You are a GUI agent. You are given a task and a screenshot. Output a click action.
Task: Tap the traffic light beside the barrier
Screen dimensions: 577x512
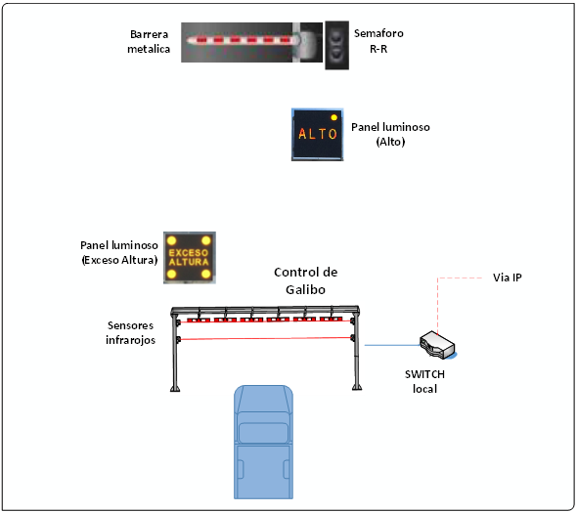[x=336, y=45]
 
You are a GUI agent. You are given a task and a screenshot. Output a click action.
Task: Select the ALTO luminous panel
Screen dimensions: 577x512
[x=317, y=135]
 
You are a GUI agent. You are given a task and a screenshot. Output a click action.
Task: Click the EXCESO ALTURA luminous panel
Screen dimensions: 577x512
[x=190, y=257]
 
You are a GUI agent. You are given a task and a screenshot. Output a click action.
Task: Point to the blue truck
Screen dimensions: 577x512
[x=263, y=442]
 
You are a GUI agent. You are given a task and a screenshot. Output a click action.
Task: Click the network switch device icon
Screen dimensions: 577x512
[x=438, y=345]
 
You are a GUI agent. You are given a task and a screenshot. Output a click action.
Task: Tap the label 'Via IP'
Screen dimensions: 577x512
[x=508, y=277]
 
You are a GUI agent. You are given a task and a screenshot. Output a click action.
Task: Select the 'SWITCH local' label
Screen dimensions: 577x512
[x=424, y=381]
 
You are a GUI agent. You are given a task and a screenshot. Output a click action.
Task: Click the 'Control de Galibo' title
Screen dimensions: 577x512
[x=305, y=280]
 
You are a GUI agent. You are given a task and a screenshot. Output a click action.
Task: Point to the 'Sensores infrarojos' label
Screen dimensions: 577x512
[x=130, y=332]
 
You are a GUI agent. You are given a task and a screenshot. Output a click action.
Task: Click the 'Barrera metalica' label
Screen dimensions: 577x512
[x=149, y=42]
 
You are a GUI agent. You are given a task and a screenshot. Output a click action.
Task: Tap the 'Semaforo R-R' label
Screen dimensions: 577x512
[x=378, y=41]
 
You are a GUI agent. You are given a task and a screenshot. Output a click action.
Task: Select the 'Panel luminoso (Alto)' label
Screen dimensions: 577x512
[x=390, y=134]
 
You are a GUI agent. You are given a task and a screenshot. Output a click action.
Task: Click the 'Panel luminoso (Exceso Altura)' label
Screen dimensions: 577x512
[x=119, y=252]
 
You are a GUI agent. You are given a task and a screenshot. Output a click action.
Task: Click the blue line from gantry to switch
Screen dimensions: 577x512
[x=392, y=345]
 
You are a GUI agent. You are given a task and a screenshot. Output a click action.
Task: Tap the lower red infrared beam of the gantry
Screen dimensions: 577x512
[x=265, y=338]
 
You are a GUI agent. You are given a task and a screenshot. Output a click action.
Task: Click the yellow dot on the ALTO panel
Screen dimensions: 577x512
[x=334, y=117]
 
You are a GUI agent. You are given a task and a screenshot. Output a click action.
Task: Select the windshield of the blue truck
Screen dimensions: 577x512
[x=263, y=433]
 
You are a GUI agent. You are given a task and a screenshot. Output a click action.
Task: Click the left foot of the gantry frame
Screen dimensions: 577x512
[x=175, y=388]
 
